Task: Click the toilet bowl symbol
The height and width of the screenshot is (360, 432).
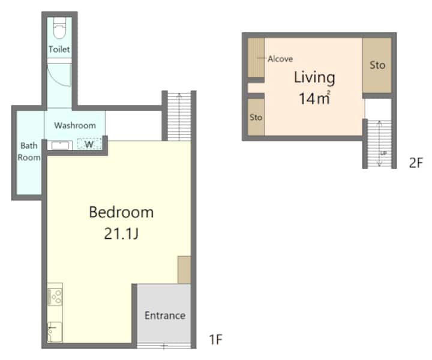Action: coord(59,28)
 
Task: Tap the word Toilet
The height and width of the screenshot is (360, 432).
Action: coord(59,49)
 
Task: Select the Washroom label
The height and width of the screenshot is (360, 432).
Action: coord(75,125)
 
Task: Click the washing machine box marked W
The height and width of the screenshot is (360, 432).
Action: coord(89,144)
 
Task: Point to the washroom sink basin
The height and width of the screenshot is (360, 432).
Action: coord(60,145)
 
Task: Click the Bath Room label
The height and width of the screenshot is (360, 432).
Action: coord(29,151)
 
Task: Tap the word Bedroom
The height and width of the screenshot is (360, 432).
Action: coord(121,212)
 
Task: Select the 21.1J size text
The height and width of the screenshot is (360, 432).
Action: coord(121,234)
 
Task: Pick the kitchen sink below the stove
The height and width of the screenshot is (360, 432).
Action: coord(55,332)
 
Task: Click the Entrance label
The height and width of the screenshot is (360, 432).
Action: coord(165,316)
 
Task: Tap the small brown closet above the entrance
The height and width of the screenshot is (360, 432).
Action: coord(184,269)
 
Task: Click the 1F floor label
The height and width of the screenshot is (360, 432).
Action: coord(216,340)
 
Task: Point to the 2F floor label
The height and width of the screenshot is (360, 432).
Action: coord(416,163)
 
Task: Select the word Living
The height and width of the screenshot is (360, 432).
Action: coord(314,77)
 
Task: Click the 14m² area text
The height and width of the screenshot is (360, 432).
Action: coord(314,98)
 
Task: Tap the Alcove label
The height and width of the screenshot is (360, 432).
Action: coord(280,59)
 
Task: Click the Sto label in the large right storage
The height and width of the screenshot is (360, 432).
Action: coord(377,65)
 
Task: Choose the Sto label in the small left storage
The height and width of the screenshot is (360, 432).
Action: coord(256,118)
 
